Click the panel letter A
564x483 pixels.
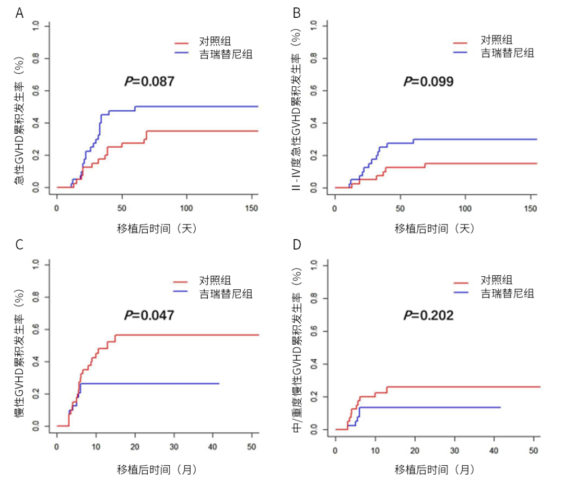pos(19,13)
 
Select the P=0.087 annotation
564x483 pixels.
pos(149,81)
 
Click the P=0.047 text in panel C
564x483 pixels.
pos(149,315)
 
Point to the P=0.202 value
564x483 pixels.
pos(428,315)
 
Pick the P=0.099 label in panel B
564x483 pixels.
pos(428,81)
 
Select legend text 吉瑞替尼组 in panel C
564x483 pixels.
pos(226,293)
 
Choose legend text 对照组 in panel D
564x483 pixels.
pos(496,281)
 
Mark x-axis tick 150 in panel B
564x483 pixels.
pos(530,208)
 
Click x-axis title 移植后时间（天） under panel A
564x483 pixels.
pos(157,228)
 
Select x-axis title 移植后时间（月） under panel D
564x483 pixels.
pos(434,469)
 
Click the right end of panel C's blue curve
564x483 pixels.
pos(219,383)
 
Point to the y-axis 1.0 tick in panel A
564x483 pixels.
pos(35,26)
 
